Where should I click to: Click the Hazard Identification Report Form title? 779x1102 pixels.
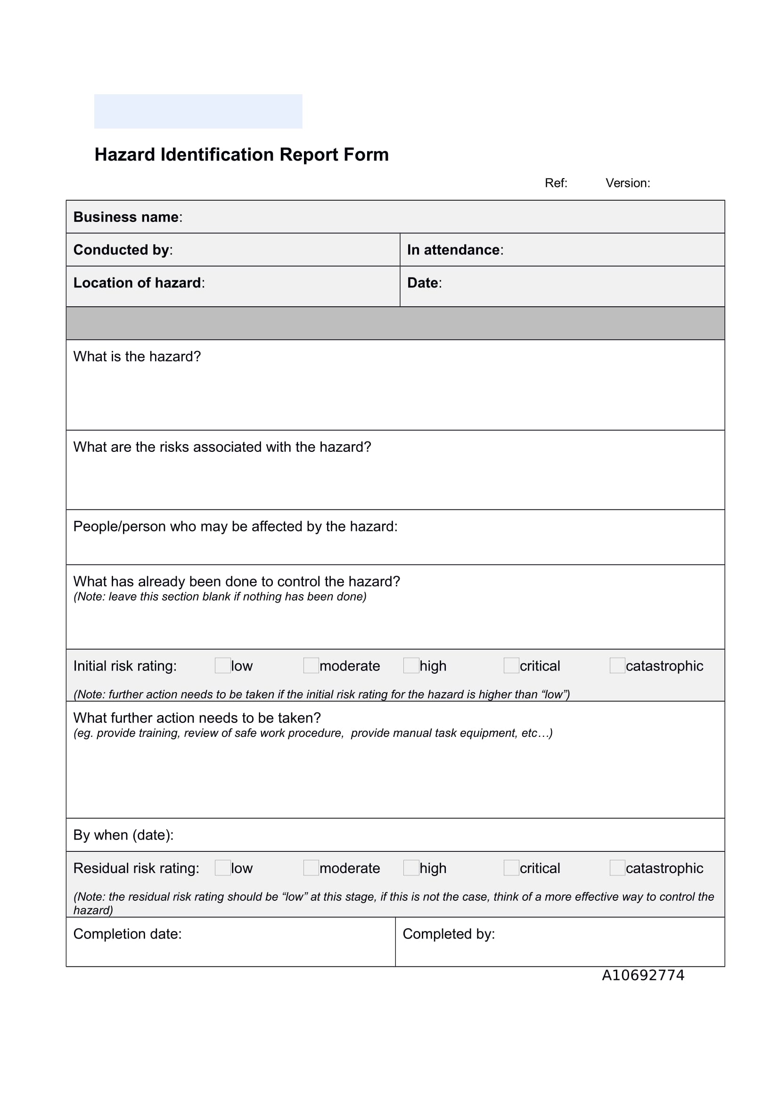point(241,155)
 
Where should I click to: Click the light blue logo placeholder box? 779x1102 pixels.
point(198,111)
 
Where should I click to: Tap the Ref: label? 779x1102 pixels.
point(556,183)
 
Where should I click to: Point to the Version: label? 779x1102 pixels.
point(627,183)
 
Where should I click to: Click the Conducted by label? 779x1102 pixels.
point(123,250)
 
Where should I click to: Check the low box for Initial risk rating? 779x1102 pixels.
point(223,665)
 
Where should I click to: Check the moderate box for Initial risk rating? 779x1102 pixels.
point(311,665)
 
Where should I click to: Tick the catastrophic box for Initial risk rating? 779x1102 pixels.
point(617,665)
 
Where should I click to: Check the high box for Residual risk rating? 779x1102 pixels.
point(411,868)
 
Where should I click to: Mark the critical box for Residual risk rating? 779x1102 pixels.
point(511,868)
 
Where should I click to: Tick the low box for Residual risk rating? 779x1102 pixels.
point(223,868)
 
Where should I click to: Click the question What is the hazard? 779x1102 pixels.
point(137,357)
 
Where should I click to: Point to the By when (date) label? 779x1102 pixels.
point(123,835)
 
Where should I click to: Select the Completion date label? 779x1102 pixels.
point(127,934)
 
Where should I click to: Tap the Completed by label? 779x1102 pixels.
point(448,934)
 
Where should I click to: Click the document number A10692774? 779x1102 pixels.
point(643,975)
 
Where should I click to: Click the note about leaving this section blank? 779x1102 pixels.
point(220,596)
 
